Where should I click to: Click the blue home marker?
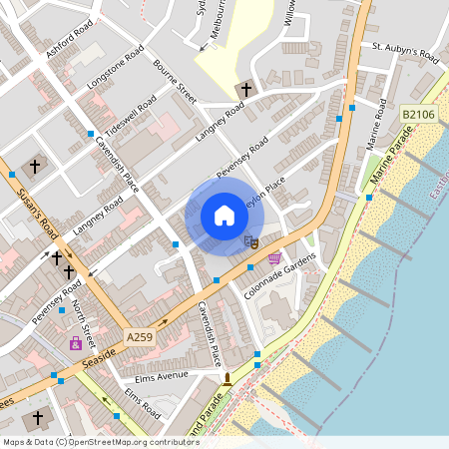(x=224, y=215)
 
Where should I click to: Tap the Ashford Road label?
(x=70, y=39)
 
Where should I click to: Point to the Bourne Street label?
(x=175, y=77)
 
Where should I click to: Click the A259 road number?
(x=140, y=339)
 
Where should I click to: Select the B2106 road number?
(x=419, y=116)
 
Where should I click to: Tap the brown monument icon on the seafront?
(x=227, y=379)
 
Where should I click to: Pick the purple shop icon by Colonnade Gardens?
(x=274, y=258)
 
